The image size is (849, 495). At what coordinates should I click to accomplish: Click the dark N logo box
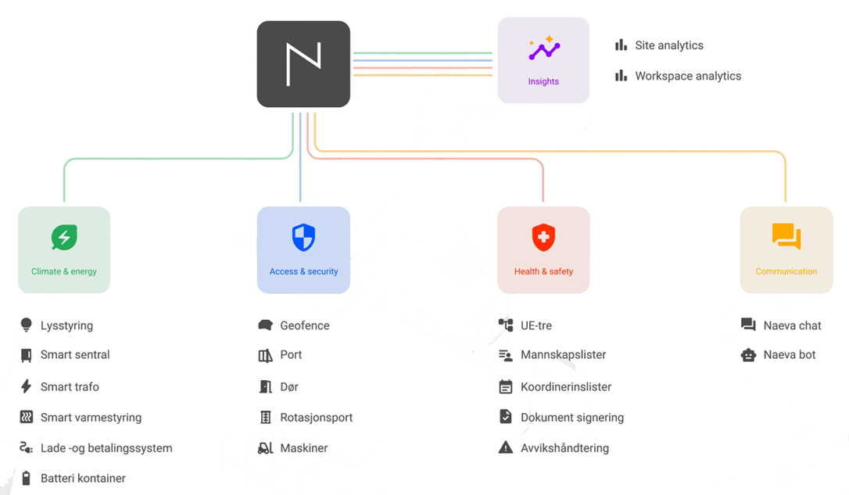[x=303, y=64]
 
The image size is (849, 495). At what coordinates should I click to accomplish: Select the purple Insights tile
[x=543, y=60]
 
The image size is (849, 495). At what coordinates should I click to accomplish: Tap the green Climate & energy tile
[x=64, y=249]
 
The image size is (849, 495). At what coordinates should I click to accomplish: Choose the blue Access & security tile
[x=304, y=249]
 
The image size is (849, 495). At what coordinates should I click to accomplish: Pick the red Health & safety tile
[x=543, y=249]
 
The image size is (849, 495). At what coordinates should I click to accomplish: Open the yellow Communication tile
[x=786, y=249]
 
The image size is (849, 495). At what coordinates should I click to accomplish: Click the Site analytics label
[x=669, y=45]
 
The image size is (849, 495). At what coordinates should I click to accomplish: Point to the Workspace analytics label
[x=688, y=77]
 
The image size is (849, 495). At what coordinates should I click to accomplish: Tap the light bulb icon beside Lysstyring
[x=26, y=325]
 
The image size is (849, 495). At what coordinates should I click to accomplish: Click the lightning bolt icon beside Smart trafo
[x=26, y=386]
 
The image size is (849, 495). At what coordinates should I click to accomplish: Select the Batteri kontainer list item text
[x=83, y=479]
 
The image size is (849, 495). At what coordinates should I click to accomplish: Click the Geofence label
[x=305, y=325]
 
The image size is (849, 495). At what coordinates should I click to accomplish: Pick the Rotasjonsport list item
[x=316, y=418]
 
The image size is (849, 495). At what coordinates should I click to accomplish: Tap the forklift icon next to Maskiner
[x=265, y=448]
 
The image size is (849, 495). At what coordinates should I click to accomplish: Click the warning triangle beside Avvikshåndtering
[x=505, y=447]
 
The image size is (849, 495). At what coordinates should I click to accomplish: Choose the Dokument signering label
[x=572, y=418]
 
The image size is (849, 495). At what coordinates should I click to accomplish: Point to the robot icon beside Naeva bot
[x=748, y=355]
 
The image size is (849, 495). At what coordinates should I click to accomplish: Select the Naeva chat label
[x=792, y=325]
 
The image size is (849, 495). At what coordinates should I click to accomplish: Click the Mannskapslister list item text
[x=563, y=355]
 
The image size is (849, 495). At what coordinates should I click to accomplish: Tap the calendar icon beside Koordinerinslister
[x=505, y=386]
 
